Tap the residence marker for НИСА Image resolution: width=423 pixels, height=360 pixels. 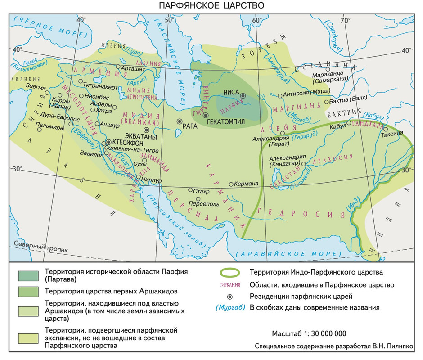click(243, 96)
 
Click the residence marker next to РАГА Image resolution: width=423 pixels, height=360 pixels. click(180, 121)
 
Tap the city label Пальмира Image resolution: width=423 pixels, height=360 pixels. click(52, 127)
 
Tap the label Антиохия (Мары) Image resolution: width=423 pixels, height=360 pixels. click(303, 95)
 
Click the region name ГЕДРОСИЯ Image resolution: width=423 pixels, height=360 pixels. click(304, 212)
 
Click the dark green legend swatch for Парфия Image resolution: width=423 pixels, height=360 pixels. click(28, 274)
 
